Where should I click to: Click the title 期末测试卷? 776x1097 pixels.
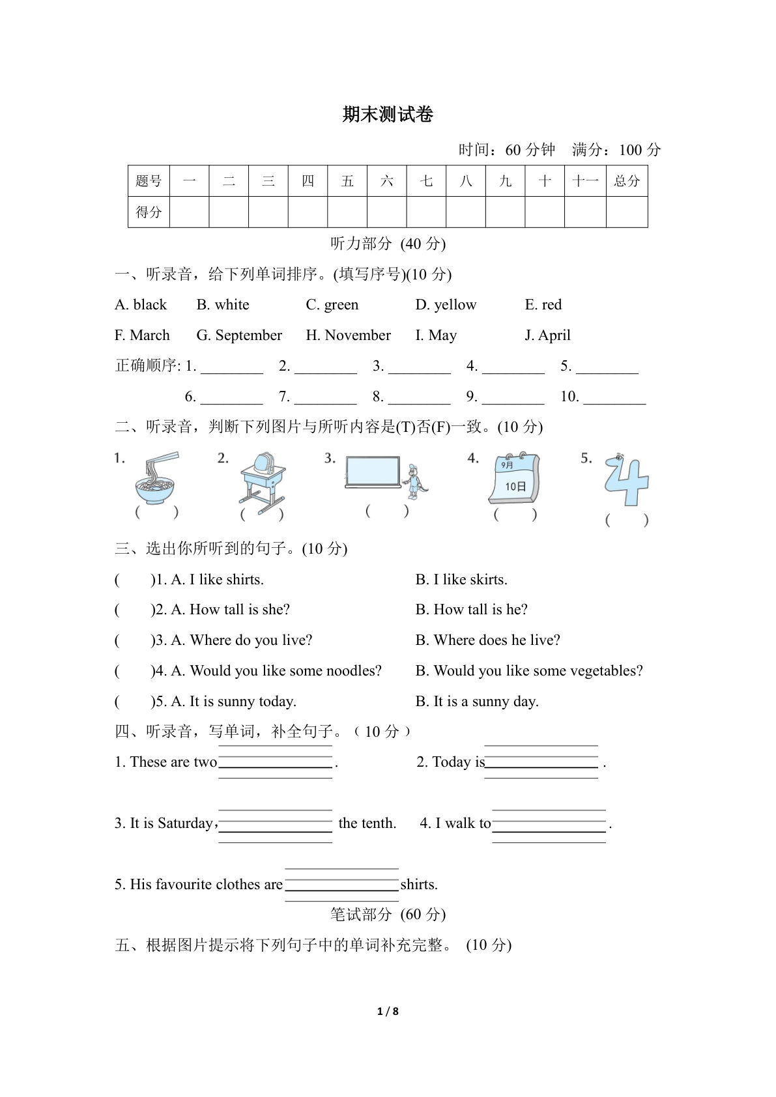[388, 115]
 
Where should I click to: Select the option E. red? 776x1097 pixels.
[543, 305]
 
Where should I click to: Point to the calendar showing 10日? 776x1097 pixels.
[514, 479]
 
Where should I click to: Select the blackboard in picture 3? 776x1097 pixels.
[373, 471]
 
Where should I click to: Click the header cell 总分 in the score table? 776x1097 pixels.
[626, 181]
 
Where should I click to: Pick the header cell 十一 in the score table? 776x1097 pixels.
[584, 181]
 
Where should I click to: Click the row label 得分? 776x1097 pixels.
[149, 212]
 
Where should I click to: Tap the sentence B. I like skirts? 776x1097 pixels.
[461, 580]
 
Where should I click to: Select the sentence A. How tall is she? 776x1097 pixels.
[230, 610]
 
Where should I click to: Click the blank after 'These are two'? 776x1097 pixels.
[275, 762]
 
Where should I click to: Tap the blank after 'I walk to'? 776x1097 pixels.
[549, 824]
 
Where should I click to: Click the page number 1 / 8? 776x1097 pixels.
[388, 1011]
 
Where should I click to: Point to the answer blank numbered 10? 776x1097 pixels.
[614, 397]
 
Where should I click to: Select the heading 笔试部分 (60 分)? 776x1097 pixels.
[388, 915]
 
